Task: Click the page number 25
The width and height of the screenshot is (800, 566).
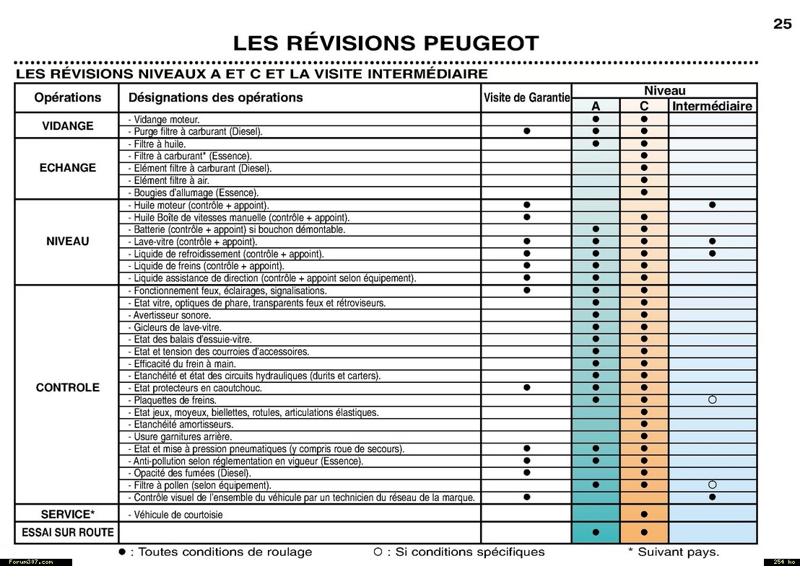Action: pos(783,24)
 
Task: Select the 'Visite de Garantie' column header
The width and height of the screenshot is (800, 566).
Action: pos(526,98)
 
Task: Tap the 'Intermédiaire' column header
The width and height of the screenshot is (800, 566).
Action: pos(712,106)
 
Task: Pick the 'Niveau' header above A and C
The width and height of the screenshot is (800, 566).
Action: pos(664,91)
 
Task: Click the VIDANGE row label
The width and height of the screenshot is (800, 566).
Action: pos(67,125)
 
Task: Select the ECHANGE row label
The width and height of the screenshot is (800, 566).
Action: pos(67,168)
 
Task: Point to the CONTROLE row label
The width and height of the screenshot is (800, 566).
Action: pos(67,387)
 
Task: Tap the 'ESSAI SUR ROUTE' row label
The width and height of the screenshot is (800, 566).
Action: pos(67,532)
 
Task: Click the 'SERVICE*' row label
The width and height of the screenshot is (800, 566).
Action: pos(67,514)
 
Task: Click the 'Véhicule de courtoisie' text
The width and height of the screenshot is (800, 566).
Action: pos(175,515)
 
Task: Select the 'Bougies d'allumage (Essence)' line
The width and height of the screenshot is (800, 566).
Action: pos(193,193)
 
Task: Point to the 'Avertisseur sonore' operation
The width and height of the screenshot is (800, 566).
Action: pos(170,315)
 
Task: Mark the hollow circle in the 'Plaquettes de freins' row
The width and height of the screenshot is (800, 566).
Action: pos(712,399)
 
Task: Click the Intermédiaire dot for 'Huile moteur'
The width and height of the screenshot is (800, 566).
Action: pos(712,205)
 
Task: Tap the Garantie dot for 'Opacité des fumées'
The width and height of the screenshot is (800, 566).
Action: pos(526,472)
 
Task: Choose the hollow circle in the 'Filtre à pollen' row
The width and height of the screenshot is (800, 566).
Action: pos(712,485)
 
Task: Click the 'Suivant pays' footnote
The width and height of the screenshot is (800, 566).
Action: pos(674,552)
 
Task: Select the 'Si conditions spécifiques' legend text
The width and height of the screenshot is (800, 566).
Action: pos(465,552)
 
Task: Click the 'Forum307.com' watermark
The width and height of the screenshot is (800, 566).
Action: pos(31,562)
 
